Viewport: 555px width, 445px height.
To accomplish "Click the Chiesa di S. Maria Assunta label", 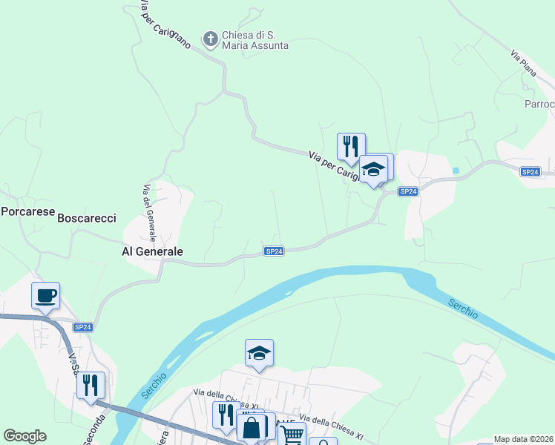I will click(x=254, y=40).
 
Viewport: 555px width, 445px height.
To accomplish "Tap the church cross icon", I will click(x=211, y=39).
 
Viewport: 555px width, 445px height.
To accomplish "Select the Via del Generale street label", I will click(x=149, y=212).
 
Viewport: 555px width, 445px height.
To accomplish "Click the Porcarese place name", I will click(x=28, y=211).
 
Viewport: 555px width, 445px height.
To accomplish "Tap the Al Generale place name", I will click(x=152, y=251).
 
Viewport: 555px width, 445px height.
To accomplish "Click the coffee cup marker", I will click(x=46, y=296).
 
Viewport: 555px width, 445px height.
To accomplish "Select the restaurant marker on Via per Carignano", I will click(x=351, y=146).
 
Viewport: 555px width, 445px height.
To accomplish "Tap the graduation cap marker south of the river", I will click(x=260, y=353).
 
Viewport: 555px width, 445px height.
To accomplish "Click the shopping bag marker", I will click(x=252, y=428).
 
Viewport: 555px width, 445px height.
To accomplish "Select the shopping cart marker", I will click(x=292, y=435).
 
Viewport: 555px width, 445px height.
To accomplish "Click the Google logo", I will click(x=24, y=436).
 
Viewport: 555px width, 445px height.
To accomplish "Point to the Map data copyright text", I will click(x=524, y=439).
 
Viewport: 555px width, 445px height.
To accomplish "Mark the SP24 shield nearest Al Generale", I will click(x=274, y=251).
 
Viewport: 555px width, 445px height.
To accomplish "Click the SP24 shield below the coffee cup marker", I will click(x=83, y=327).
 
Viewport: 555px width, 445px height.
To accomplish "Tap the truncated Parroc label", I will click(x=539, y=104).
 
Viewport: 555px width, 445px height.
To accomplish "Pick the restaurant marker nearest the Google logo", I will click(x=91, y=386).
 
